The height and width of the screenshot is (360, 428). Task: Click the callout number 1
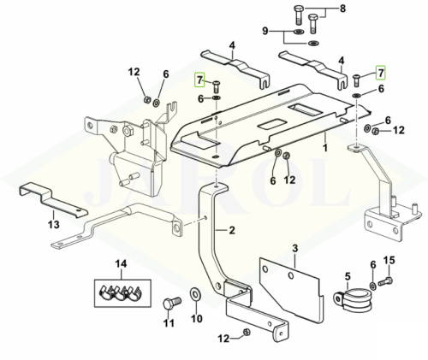click(x=325, y=147)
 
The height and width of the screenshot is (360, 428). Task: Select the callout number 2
click(x=232, y=230)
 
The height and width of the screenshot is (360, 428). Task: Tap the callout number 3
click(x=295, y=248)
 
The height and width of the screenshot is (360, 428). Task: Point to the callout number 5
click(x=348, y=276)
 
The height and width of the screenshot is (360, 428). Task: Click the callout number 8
click(x=342, y=9)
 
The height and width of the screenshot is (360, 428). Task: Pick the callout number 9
click(x=265, y=31)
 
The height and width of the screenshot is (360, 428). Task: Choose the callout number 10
click(x=197, y=318)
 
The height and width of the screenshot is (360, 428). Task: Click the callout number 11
click(x=169, y=323)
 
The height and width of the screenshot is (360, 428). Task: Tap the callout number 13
click(x=54, y=224)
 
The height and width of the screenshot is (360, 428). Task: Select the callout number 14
click(x=121, y=264)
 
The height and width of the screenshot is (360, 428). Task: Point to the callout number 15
click(x=389, y=260)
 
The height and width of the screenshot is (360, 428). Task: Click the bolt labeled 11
click(x=172, y=303)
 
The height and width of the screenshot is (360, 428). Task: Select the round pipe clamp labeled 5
click(x=353, y=298)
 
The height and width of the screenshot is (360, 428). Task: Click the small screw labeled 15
click(x=385, y=281)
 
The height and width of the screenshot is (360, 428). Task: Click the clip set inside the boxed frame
click(x=122, y=293)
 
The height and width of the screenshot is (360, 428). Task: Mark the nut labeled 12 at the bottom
click(x=246, y=332)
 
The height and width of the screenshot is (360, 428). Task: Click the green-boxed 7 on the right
click(x=381, y=73)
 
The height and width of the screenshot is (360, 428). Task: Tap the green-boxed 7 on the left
click(x=199, y=80)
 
